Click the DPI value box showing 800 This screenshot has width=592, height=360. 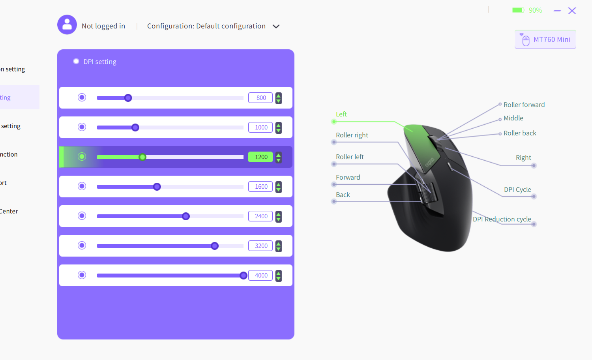(260, 98)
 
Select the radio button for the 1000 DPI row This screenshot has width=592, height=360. (82, 127)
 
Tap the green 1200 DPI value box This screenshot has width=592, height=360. (260, 157)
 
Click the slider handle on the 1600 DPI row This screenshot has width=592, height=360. (157, 187)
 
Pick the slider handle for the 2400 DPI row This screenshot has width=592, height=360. (186, 216)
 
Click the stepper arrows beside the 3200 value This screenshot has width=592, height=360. (279, 246)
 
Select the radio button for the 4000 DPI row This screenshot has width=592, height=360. (82, 275)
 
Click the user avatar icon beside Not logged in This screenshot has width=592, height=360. (67, 25)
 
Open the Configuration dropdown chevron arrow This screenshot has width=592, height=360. (276, 26)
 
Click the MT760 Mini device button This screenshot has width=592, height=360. (545, 39)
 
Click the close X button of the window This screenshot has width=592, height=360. (572, 11)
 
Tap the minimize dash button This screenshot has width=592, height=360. (557, 11)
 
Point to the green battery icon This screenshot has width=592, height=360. (518, 10)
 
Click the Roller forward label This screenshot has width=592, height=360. (524, 105)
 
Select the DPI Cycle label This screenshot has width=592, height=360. (517, 189)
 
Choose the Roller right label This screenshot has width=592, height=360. (352, 135)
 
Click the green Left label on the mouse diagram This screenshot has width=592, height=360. (341, 114)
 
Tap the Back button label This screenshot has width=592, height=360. (343, 195)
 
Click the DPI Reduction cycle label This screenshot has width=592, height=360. (502, 219)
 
